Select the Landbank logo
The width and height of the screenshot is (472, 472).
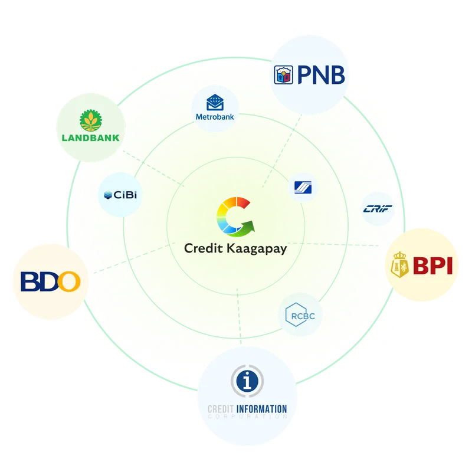click(91, 129)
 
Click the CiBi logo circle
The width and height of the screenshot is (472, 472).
click(121, 194)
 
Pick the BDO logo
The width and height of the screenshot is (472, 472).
click(50, 281)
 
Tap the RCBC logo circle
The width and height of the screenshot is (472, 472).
click(299, 316)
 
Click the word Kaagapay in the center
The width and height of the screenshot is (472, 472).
click(258, 249)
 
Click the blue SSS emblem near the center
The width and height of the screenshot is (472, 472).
click(306, 188)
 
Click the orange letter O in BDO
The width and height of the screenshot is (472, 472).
click(69, 281)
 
